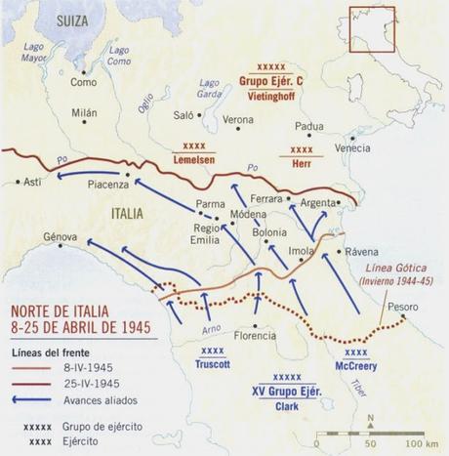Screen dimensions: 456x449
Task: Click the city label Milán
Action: point(85,113)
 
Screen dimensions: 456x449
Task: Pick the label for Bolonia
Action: point(269,232)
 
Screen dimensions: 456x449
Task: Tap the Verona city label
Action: point(238,119)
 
